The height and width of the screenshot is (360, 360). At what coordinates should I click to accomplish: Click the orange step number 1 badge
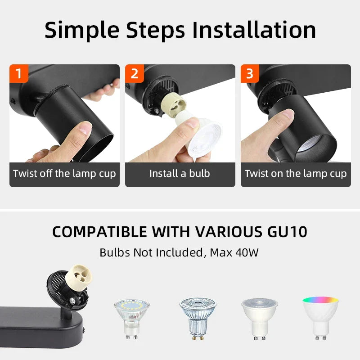pyautogui.click(x=18, y=73)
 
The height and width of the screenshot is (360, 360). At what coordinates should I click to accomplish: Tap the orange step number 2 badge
pyautogui.click(x=134, y=73)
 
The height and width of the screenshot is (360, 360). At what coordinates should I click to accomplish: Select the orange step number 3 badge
pyautogui.click(x=250, y=73)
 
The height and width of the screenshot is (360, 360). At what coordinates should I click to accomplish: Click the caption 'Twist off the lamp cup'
pyautogui.click(x=64, y=174)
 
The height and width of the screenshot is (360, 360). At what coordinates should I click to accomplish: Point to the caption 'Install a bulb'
pyautogui.click(x=180, y=174)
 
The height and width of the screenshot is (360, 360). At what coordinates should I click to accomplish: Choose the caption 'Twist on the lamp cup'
pyautogui.click(x=296, y=174)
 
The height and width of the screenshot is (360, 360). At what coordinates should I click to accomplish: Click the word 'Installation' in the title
pyautogui.click(x=254, y=30)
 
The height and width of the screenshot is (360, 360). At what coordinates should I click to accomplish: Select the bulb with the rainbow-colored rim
pyautogui.click(x=320, y=317)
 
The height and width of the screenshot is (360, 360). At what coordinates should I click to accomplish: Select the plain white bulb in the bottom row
pyautogui.click(x=259, y=317)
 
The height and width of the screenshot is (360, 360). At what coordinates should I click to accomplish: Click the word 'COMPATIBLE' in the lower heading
pyautogui.click(x=100, y=232)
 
